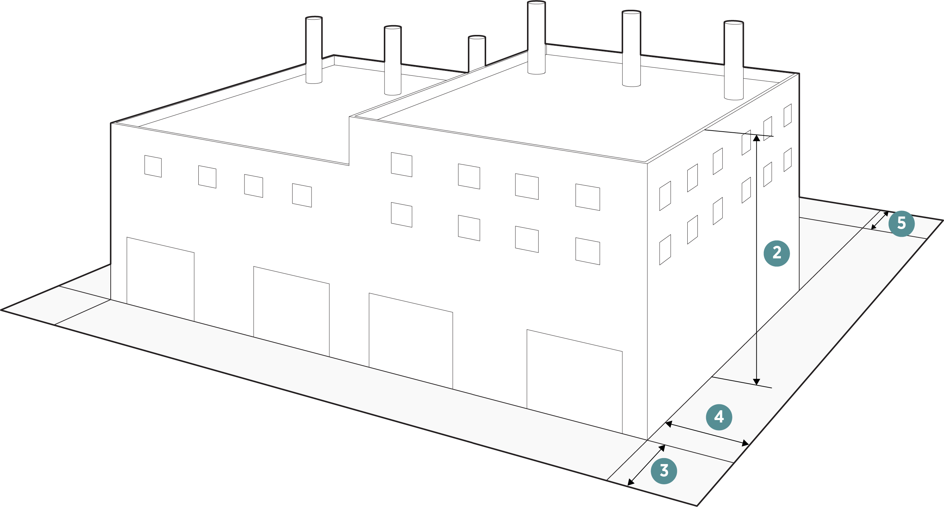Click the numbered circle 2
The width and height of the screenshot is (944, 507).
776,253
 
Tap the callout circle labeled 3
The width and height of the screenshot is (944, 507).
664,471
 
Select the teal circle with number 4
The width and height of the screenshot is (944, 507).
719,417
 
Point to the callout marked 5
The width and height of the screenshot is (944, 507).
901,223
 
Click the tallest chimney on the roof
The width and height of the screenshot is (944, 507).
536,37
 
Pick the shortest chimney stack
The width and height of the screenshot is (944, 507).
477,53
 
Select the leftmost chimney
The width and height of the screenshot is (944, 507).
314,50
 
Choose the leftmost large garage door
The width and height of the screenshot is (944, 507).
160,278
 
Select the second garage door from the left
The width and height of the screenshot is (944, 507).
291,311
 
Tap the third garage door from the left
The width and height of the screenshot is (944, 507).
410,341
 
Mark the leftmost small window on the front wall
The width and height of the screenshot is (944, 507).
153,166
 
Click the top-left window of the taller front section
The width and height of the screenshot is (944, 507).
401,164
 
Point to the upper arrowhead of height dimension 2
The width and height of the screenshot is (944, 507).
756,138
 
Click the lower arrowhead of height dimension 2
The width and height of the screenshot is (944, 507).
756,382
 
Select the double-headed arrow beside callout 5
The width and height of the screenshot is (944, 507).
879,220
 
